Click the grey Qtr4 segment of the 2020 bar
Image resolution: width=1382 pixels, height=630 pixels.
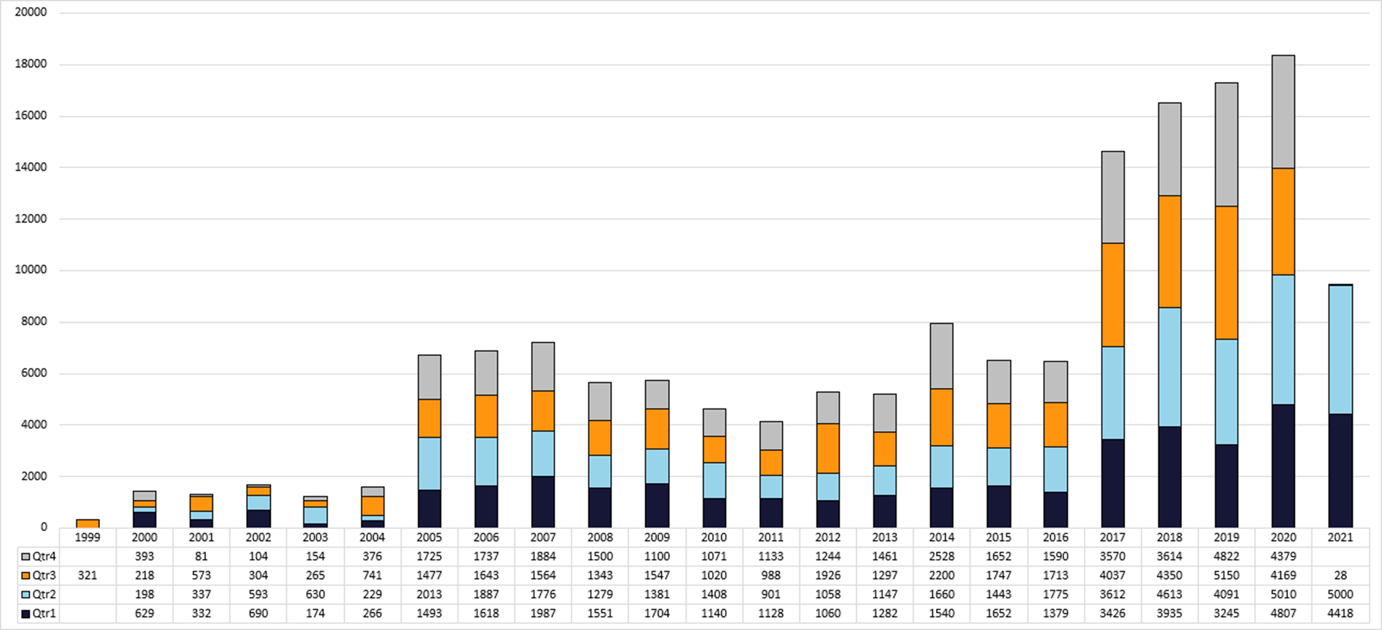tap(1283, 111)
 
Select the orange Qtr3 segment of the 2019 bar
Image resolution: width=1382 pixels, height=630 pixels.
tap(1226, 272)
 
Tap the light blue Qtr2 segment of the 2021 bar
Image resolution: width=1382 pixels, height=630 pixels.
tap(1340, 349)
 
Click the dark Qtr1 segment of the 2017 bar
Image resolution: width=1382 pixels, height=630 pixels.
tap(1112, 483)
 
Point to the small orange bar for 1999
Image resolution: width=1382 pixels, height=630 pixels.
tap(88, 523)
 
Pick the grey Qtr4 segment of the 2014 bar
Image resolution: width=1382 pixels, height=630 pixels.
tap(941, 356)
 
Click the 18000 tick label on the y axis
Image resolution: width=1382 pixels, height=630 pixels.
tap(30, 64)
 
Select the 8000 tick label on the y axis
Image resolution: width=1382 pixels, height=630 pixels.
tap(30, 321)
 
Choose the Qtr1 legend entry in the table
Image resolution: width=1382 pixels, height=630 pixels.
tap(38, 613)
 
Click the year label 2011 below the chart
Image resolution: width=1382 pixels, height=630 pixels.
tap(771, 537)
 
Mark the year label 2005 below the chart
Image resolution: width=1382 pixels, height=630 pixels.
tap(428, 537)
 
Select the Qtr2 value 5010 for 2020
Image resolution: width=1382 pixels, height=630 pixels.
tap(1283, 595)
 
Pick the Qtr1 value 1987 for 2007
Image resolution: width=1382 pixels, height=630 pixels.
tap(543, 613)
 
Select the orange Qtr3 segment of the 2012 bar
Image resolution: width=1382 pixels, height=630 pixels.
tap(827, 448)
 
